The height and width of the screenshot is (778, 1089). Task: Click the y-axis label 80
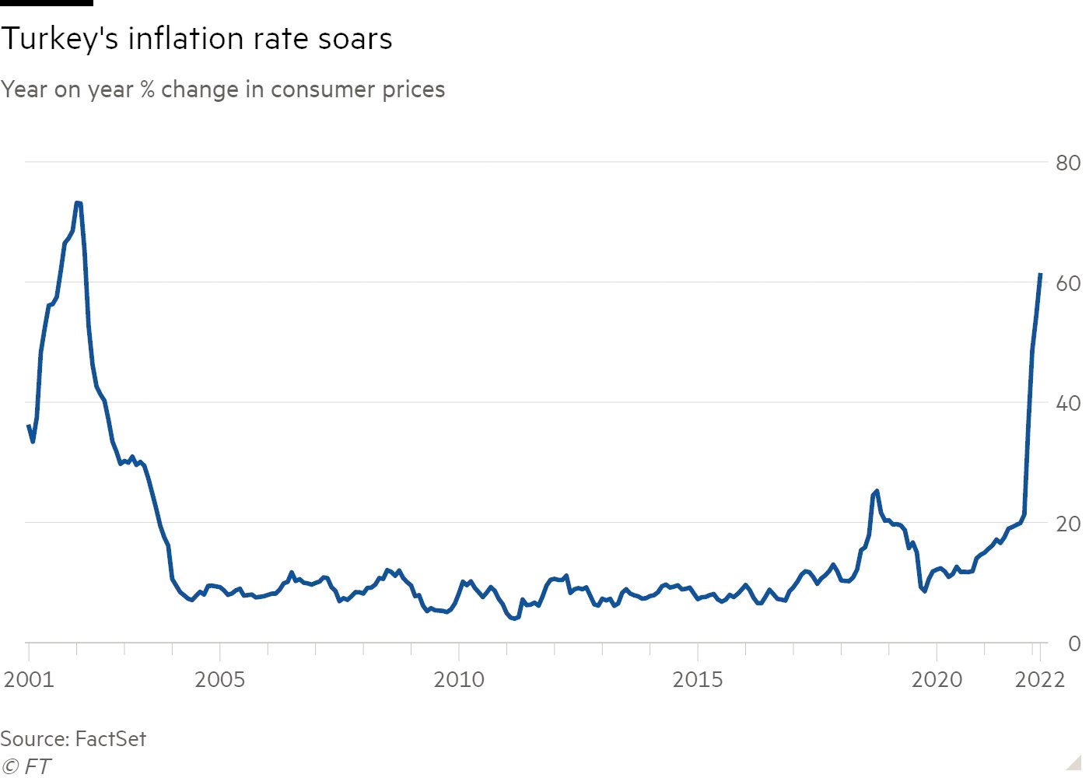pos(1068,163)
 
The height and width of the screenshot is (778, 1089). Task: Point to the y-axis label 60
pos(1068,283)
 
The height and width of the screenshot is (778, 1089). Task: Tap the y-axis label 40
pos(1068,403)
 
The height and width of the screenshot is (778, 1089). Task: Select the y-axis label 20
pos(1068,524)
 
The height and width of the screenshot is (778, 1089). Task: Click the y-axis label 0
pos(1074,643)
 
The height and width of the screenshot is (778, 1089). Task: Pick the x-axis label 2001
pos(29,679)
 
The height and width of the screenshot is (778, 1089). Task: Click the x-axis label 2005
pos(219,679)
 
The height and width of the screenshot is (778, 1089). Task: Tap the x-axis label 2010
pos(459,679)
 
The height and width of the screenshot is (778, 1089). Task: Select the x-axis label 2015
pos(698,679)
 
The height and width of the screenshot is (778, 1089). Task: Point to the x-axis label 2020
pos(937,679)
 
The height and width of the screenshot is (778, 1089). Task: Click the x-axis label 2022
pos(1040,679)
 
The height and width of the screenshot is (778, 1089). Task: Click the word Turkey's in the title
pos(58,39)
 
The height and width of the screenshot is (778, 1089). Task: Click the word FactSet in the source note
pos(110,738)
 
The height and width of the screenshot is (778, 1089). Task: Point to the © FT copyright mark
pos(26,766)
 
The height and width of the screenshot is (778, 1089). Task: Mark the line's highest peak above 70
pos(78,203)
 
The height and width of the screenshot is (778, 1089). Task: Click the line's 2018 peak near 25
pos(877,491)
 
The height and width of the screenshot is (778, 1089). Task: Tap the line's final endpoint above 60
pos(1040,274)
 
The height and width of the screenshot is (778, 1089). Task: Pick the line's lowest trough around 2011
pos(515,619)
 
